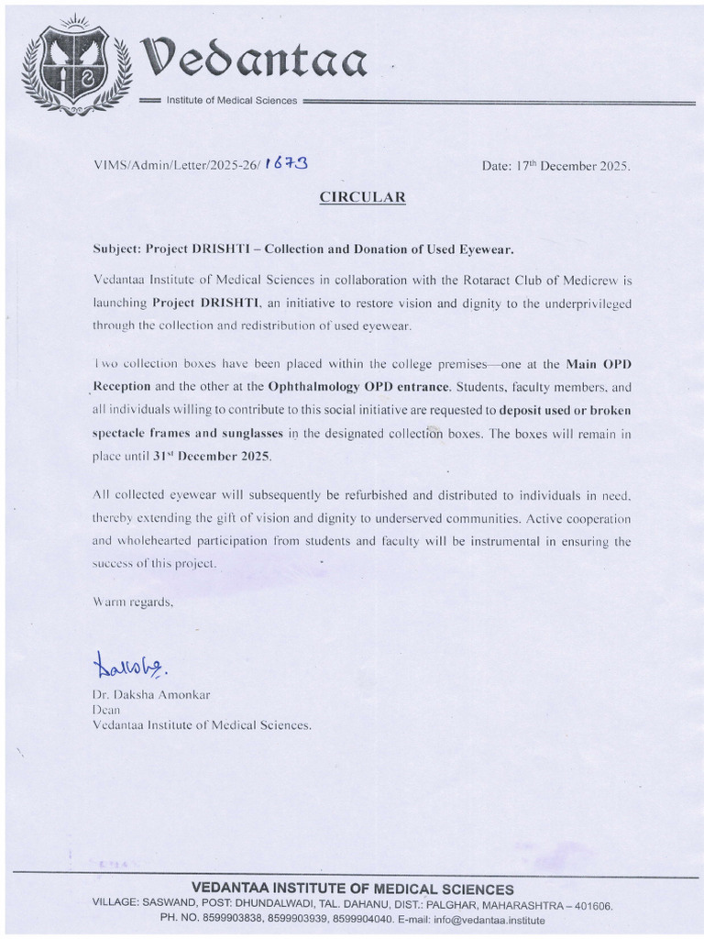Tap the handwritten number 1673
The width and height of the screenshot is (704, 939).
coord(285,163)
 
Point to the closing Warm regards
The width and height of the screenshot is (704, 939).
coord(133,602)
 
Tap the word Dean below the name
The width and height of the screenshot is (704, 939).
coord(107,709)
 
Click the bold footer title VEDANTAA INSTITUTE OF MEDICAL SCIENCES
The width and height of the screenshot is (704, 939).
coord(352,889)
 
